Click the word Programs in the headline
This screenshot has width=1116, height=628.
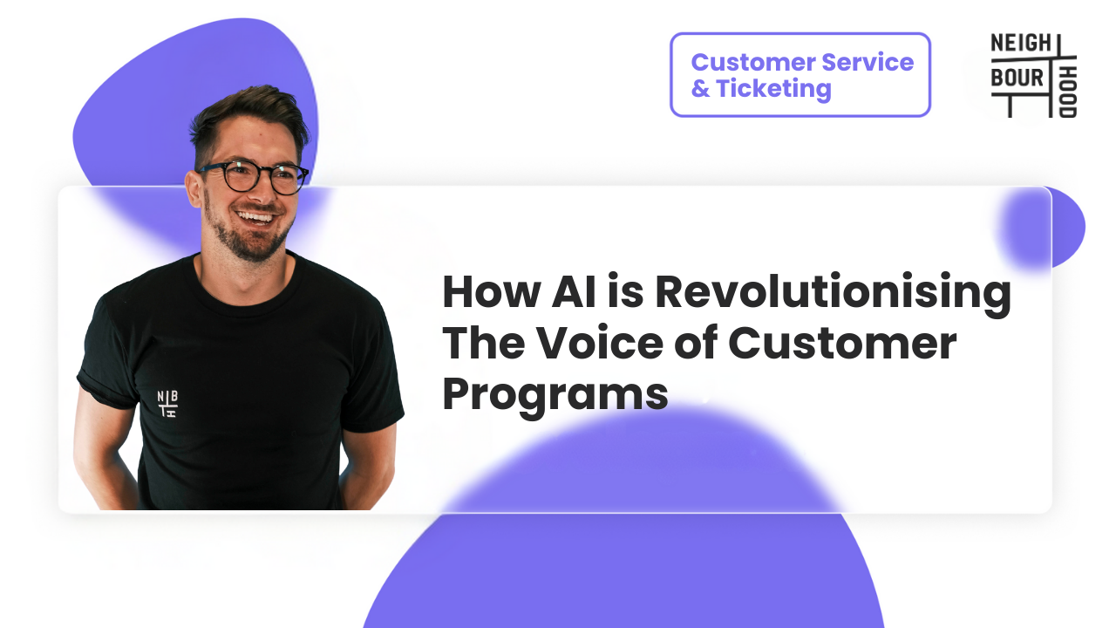click(x=555, y=395)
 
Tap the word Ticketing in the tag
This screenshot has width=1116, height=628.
click(x=774, y=89)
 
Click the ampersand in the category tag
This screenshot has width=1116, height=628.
click(x=700, y=89)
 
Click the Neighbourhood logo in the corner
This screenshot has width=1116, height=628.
click(x=1033, y=75)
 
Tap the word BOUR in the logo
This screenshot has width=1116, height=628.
click(x=1017, y=78)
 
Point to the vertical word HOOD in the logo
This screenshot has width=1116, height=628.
click(x=1068, y=91)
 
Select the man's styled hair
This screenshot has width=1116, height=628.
click(x=248, y=118)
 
